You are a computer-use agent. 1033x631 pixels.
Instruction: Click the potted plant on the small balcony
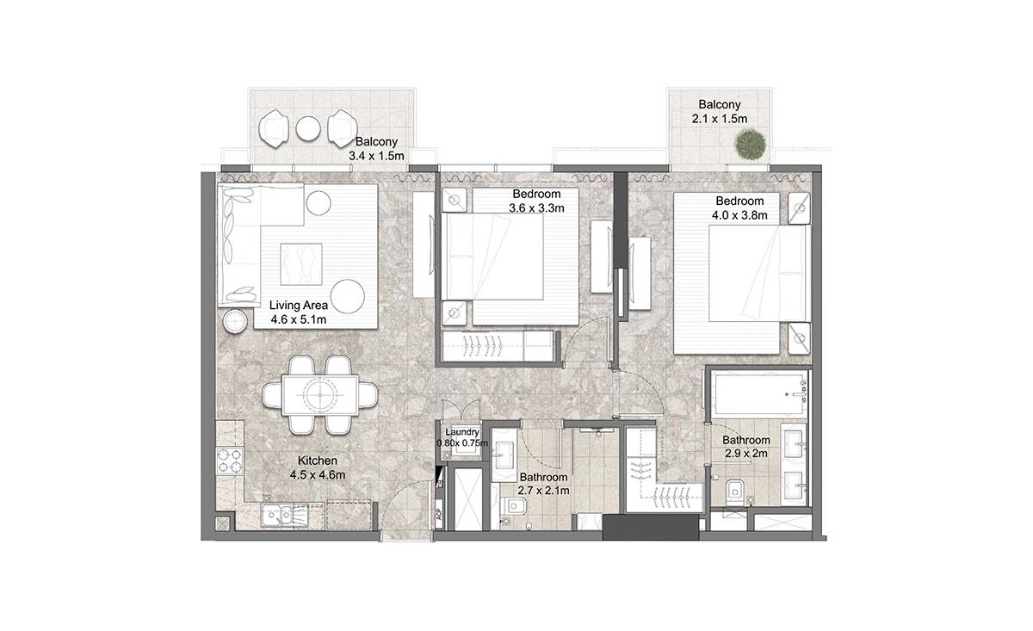[751, 145]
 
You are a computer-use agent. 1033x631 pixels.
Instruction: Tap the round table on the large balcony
[308, 127]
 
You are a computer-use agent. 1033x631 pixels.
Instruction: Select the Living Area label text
[299, 305]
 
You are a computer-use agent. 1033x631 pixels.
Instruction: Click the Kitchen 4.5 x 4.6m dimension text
[318, 474]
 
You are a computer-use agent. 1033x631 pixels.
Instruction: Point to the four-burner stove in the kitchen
[230, 461]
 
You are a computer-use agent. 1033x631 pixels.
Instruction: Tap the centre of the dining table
[320, 395]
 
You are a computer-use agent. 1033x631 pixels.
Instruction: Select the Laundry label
[462, 432]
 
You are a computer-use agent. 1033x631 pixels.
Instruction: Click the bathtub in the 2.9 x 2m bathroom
[759, 394]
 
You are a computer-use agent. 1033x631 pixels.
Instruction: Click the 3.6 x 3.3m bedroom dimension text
[536, 208]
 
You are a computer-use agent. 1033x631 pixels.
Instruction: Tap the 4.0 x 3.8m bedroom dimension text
[739, 215]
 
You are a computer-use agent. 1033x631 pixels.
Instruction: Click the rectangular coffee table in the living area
[301, 263]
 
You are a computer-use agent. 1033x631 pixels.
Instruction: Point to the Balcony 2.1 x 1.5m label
[720, 112]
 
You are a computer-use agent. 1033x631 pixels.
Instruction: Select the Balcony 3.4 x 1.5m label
[376, 149]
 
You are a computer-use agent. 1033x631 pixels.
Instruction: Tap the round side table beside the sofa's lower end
[235, 320]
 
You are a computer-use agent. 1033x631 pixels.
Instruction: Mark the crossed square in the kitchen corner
[223, 523]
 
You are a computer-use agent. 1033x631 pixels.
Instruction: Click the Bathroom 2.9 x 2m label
[745, 447]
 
